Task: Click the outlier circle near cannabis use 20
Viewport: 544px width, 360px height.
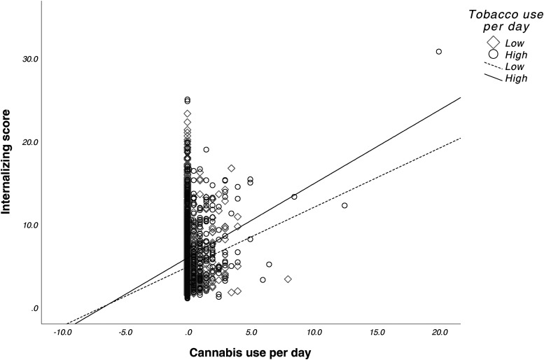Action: click(x=439, y=52)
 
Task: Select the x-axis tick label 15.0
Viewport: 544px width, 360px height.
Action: click(x=377, y=332)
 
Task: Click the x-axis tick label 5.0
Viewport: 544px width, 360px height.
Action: click(x=252, y=332)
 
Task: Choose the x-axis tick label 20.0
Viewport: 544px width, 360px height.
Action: click(x=440, y=332)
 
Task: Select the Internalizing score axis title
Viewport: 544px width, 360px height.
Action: click(x=9, y=168)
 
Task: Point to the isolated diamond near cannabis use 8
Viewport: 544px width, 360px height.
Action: click(x=288, y=279)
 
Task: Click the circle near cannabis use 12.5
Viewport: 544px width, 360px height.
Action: click(x=344, y=206)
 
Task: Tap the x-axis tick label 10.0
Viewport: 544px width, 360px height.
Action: click(x=314, y=332)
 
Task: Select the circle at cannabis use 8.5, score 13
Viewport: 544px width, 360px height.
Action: click(x=294, y=197)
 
